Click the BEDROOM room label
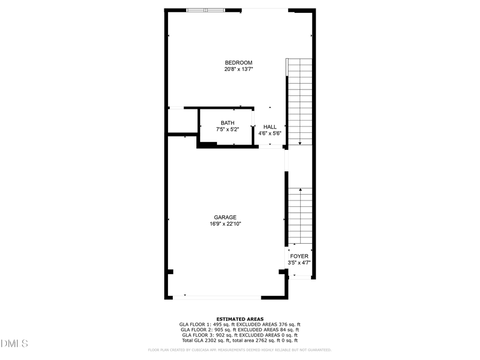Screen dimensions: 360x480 [x=238, y=62]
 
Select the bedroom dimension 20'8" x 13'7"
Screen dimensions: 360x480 [x=238, y=69]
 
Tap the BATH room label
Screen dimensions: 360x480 [x=227, y=123]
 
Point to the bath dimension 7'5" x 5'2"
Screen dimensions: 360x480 [x=227, y=129]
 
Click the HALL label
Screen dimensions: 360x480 [x=269, y=127]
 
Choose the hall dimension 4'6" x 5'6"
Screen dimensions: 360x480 [x=269, y=133]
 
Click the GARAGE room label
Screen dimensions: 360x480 [x=225, y=217]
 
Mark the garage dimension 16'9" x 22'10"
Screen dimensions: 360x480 [x=225, y=224]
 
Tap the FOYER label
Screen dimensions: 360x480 [x=299, y=256]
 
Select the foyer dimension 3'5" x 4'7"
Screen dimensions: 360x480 [x=299, y=262]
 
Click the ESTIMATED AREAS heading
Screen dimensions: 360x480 [x=239, y=319]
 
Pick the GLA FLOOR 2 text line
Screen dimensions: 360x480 [x=239, y=330]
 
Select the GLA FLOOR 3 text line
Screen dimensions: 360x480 [x=239, y=335]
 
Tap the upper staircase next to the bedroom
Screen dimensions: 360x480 [x=300, y=101]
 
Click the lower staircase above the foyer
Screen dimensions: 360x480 [x=300, y=216]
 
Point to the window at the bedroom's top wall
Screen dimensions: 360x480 [x=206, y=10]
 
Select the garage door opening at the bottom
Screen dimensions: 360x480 [x=217, y=297]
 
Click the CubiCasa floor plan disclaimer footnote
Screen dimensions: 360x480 [x=239, y=350]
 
